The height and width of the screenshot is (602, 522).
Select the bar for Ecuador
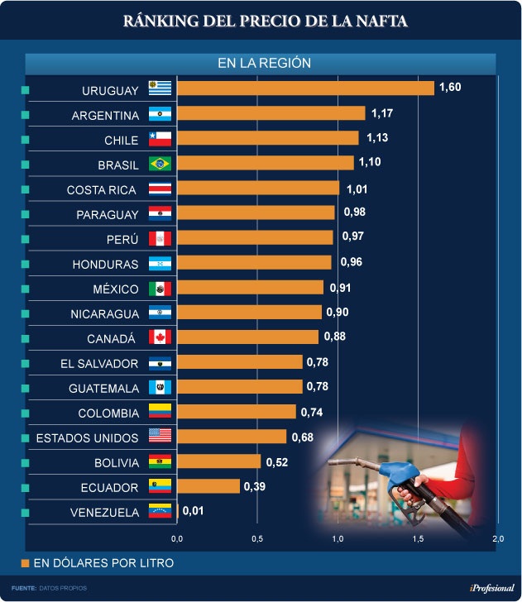(x=208, y=486)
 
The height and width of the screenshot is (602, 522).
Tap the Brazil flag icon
(x=159, y=163)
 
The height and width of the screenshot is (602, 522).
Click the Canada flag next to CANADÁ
(x=159, y=337)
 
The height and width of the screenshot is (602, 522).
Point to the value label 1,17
(x=382, y=112)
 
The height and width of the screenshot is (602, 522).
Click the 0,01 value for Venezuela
(x=192, y=511)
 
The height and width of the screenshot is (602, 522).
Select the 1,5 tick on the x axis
(x=418, y=539)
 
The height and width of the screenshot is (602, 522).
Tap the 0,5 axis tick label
(x=257, y=539)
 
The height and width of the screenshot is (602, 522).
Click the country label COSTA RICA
(x=103, y=190)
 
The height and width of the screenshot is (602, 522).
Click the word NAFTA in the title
(x=378, y=21)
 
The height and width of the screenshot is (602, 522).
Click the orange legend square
(x=26, y=564)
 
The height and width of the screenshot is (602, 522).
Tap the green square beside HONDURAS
(x=26, y=264)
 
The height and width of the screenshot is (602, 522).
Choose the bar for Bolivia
(x=219, y=461)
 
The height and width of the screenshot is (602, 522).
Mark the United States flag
(x=159, y=437)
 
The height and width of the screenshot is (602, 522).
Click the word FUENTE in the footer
(x=23, y=588)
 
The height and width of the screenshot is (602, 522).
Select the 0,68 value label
(x=302, y=437)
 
